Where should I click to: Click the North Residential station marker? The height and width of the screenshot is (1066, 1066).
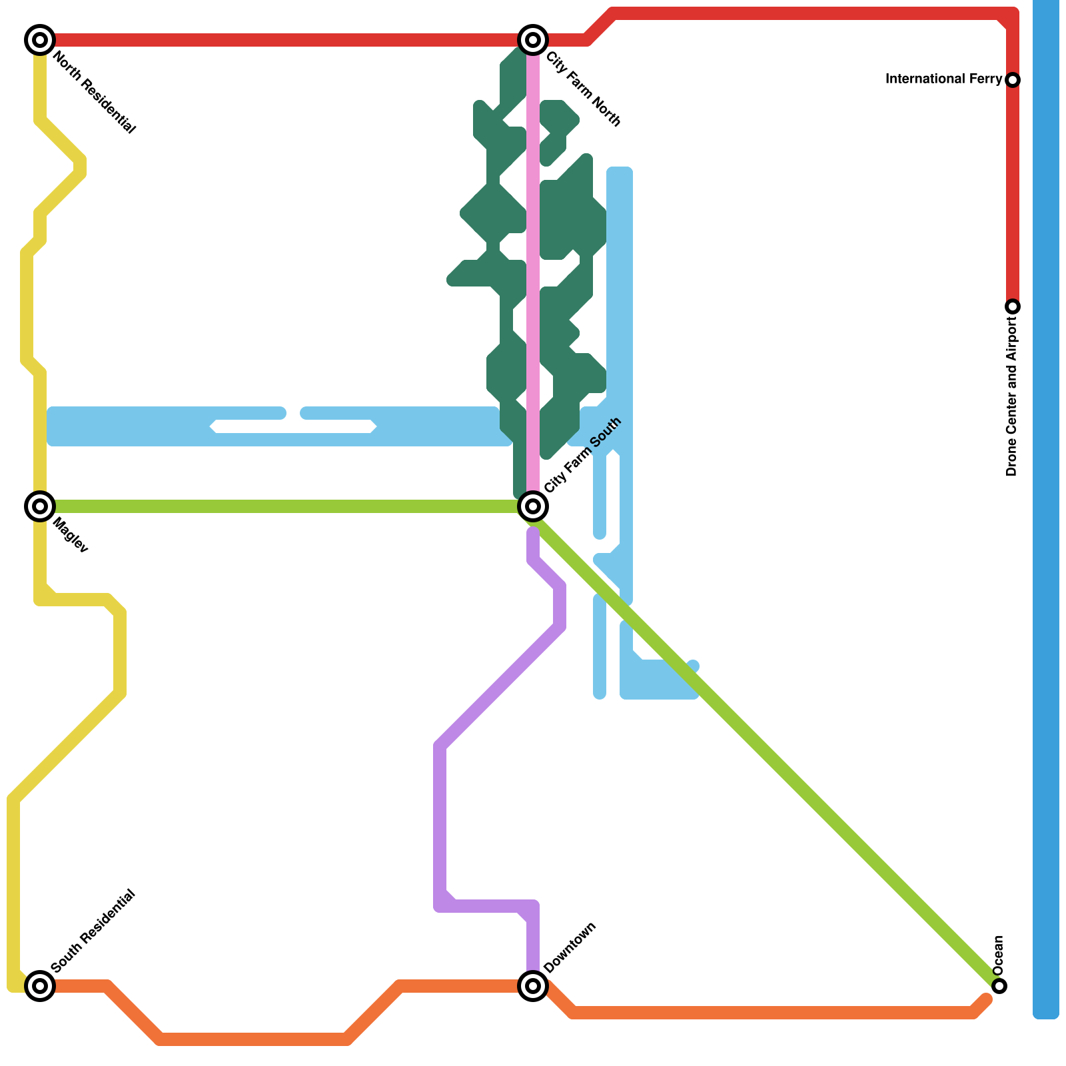40,40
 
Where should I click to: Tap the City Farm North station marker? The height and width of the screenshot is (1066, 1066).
533,40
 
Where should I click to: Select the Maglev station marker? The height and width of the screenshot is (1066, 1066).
40,506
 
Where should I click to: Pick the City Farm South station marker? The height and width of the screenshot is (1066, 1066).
533,506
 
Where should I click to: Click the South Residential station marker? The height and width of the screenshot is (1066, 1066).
40,985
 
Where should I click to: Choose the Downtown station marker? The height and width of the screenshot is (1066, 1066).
533,985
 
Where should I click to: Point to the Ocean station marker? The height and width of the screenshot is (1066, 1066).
999,985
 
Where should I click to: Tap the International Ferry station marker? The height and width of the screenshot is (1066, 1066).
1013,80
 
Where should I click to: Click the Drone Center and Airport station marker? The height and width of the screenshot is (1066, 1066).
1013,306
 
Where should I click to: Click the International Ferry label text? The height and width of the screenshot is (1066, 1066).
943,79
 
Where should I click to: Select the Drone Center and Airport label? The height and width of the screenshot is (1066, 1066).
1012,396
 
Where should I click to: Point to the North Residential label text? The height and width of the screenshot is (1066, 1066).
94,93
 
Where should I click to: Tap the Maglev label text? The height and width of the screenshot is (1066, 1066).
70,535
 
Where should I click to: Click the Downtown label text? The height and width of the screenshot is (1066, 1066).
569,947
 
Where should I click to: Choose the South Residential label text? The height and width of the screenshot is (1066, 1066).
93,931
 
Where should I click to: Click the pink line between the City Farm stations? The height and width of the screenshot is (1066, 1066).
533,266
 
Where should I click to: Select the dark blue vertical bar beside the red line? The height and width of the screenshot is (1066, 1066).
1045,506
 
